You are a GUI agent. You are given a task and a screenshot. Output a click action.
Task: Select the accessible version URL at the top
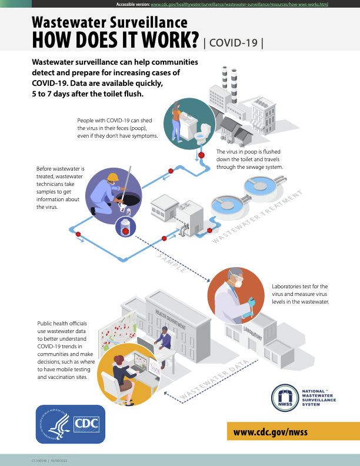pyautogui.click(x=239, y=4)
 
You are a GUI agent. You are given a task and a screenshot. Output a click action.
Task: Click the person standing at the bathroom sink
pyautogui.click(x=176, y=122)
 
